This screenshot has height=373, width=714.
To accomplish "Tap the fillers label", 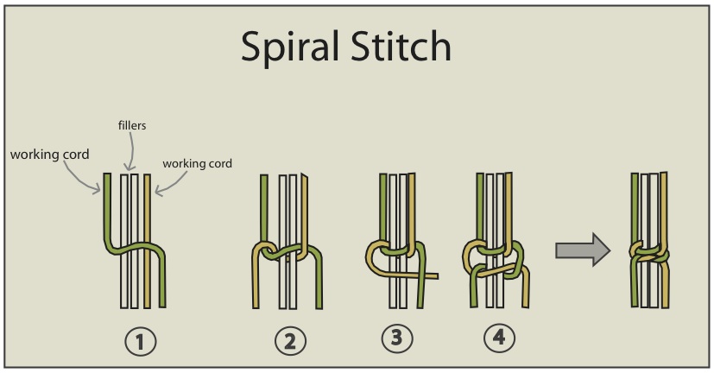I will point(131,125).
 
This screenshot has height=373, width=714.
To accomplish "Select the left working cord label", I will point(49,155).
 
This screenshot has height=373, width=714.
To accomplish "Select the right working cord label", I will point(197,162).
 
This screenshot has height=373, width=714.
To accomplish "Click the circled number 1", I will point(141,342).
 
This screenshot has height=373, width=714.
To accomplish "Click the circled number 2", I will point(290,342).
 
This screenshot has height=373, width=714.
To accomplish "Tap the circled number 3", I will point(396,338).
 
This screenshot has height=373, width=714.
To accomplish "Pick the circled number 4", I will point(497,338).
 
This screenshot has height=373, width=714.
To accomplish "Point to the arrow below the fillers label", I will point(130,155).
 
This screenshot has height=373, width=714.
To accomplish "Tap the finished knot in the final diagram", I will point(650,252).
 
